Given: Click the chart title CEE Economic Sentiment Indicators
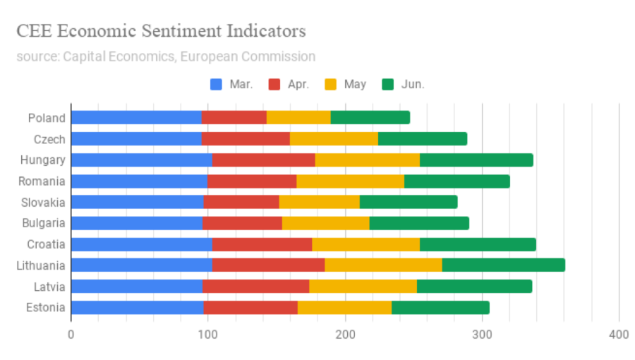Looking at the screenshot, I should tap(161, 31).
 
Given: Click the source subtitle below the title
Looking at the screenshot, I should tap(166, 56).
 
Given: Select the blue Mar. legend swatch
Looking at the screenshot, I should tap(217, 85).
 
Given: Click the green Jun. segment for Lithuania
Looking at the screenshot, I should tap(503, 265).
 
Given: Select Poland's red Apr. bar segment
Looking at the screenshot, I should tap(234, 118).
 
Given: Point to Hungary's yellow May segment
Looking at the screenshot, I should tap(367, 160).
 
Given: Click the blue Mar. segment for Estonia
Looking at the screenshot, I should tap(137, 308).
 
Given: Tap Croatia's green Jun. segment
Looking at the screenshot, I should tap(477, 244).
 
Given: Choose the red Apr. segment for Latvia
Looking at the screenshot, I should tap(255, 287).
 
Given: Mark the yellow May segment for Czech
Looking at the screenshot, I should tap(334, 139).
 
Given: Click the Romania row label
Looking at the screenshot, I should tap(42, 181).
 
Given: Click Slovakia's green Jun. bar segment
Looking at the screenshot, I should tap(408, 203).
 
